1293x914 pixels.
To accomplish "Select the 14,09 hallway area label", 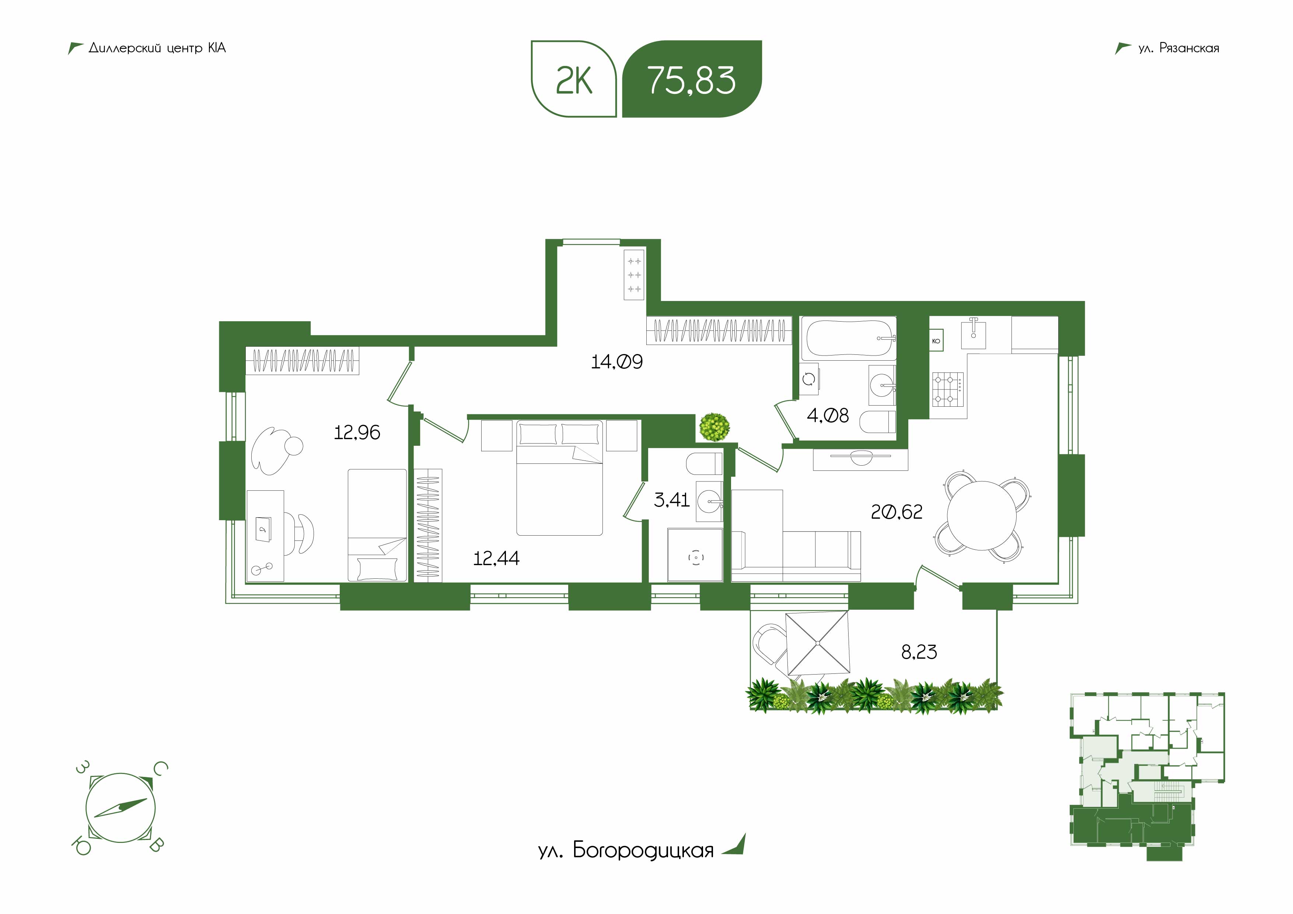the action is [x=616, y=361].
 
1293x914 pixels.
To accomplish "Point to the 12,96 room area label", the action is [x=357, y=433].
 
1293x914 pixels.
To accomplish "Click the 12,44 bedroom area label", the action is [x=496, y=558].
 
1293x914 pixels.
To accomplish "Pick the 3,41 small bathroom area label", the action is [x=671, y=500].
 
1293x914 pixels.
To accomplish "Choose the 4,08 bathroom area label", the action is [x=828, y=416].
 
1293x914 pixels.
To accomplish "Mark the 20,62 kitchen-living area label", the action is [x=897, y=512].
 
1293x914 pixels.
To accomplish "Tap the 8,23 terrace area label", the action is [x=919, y=652].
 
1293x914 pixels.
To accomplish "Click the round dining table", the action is [x=982, y=515].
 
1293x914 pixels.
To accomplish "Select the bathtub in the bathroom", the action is [x=848, y=339].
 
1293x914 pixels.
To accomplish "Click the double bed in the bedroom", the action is [x=559, y=477].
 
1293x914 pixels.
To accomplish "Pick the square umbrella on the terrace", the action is [x=816, y=643].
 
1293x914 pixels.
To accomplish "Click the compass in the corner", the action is [x=120, y=808].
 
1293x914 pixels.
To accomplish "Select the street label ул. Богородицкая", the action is [x=626, y=866].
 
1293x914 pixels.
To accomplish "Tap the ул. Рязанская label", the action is [x=1178, y=48].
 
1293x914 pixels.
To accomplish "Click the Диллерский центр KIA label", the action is [x=157, y=48].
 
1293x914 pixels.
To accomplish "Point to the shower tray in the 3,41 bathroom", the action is [x=695, y=555].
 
